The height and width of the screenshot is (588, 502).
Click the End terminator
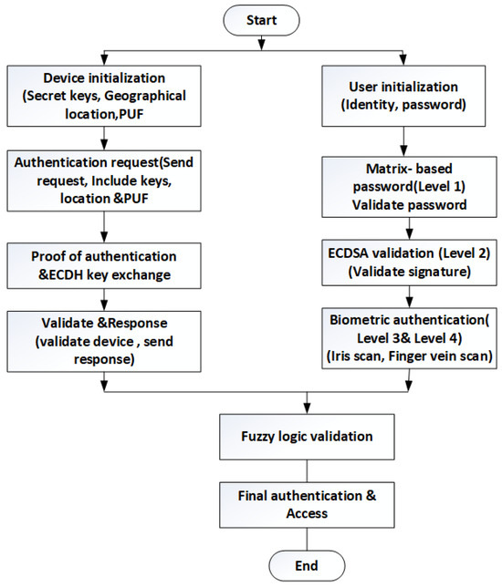[306, 565]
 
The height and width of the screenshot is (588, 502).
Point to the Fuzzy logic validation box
[306, 436]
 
